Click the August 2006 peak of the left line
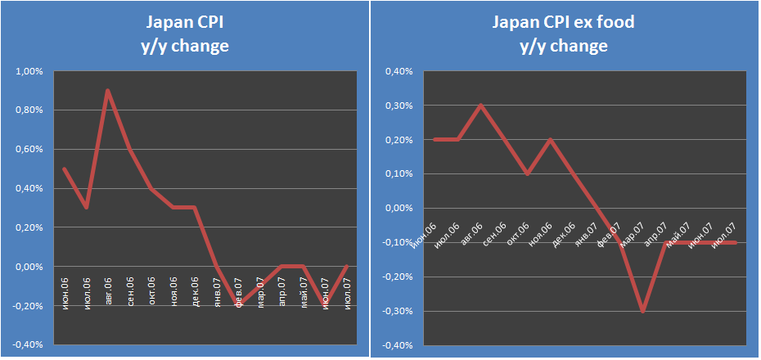107,91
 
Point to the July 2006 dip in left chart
85,208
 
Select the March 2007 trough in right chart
643,311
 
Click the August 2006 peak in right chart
480,106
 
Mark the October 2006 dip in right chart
527,173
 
